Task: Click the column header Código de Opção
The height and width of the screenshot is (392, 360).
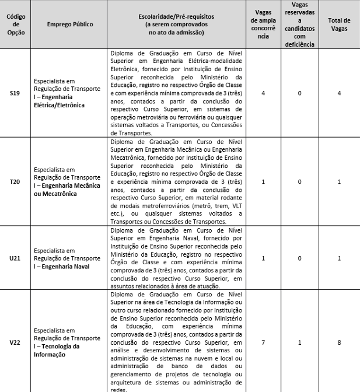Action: click(15, 24)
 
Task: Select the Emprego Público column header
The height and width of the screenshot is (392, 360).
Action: click(69, 24)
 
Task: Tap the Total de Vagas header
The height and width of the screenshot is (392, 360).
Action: click(339, 24)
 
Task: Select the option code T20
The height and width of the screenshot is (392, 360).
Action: click(15, 182)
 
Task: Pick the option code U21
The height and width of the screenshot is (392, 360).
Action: click(15, 258)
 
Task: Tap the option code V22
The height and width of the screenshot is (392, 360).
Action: click(15, 342)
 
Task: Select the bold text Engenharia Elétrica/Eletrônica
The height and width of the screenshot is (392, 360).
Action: click(60, 101)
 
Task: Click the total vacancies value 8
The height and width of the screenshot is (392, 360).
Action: click(339, 342)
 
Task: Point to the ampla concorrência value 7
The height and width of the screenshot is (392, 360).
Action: click(263, 342)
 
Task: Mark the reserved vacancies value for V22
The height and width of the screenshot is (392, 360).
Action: click(300, 342)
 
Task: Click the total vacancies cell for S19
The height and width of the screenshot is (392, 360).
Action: click(339, 93)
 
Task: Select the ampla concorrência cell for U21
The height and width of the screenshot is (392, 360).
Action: click(263, 258)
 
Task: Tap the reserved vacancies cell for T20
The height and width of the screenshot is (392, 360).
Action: click(300, 182)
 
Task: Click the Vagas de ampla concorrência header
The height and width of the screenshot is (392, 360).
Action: click(263, 24)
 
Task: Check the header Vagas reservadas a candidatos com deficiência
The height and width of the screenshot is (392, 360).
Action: click(300, 24)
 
